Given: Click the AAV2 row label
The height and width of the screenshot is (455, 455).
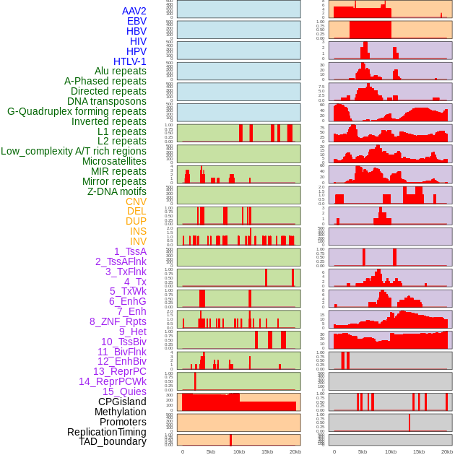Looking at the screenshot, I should [x=134, y=12].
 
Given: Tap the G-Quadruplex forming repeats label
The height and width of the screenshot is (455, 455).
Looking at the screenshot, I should [x=77, y=111].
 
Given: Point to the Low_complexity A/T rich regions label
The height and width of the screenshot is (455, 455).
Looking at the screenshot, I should [x=74, y=151].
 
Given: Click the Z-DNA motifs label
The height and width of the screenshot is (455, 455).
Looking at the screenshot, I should [x=117, y=191].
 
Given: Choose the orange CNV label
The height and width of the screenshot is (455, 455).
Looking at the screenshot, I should [x=136, y=201].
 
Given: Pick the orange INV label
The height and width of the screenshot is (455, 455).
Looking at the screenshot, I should [x=138, y=241].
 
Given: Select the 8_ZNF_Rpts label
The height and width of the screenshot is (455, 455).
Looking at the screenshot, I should [x=118, y=321].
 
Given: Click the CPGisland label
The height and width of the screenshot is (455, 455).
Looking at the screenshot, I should [x=122, y=402].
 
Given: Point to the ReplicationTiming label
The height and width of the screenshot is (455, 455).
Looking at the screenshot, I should [x=106, y=432].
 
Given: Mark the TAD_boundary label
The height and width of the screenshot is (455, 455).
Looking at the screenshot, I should [x=113, y=441].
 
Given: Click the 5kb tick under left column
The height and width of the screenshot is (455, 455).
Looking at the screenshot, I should [x=211, y=451].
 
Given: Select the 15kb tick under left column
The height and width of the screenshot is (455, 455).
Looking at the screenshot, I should [x=266, y=451].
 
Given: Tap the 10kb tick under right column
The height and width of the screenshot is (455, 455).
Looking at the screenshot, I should [x=391, y=451].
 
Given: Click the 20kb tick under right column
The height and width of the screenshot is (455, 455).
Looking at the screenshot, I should [x=447, y=451].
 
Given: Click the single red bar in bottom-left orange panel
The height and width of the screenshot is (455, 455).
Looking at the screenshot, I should [x=230, y=440].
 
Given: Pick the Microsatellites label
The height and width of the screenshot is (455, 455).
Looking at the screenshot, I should [x=114, y=161].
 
